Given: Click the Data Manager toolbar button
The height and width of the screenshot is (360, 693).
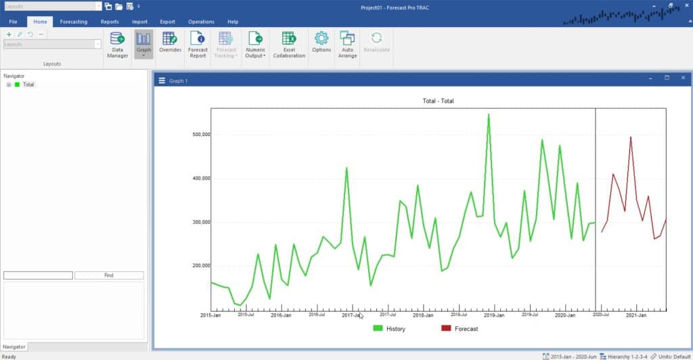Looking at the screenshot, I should [117, 45].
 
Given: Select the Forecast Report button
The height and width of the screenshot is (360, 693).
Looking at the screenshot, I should [198, 45].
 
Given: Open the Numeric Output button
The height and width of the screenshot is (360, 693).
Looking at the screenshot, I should [255, 45].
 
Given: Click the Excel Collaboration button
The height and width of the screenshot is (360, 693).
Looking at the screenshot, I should [289, 45].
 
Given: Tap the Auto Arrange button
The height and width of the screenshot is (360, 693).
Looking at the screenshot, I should [347, 45].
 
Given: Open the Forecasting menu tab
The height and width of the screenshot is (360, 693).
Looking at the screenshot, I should [73, 22].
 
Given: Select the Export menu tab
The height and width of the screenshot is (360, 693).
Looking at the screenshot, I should [167, 22].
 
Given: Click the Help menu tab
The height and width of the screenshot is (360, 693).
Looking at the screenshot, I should [233, 22].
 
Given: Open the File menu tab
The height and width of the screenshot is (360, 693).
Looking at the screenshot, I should [14, 22].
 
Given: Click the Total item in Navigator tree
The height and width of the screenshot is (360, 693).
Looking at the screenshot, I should [28, 85].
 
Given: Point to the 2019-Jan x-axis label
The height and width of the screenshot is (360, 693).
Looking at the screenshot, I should [495, 315].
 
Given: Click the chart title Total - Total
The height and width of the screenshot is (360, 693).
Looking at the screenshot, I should [438, 101].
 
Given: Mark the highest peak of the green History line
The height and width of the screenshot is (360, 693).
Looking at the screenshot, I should [489, 115].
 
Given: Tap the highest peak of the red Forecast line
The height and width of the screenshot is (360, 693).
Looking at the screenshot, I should [631, 137].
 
